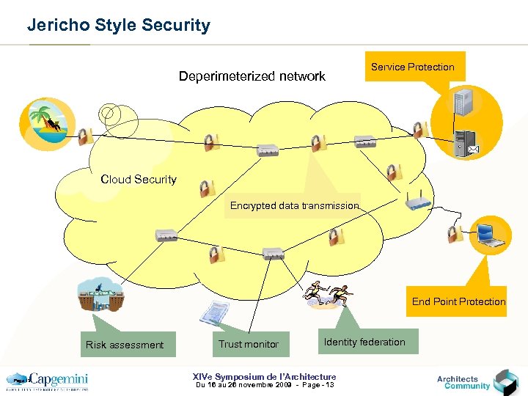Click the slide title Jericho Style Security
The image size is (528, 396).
118,25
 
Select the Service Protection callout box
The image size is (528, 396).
412,67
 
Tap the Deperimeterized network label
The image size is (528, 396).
252,76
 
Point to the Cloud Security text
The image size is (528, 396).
139,179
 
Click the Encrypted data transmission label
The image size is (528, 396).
294,205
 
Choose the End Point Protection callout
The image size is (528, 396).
458,301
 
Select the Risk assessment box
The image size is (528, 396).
125,345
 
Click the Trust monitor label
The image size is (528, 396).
248,344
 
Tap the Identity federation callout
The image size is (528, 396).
364,342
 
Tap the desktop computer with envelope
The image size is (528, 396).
466,142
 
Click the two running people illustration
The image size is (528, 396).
327,295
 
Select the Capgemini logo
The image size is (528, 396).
47,381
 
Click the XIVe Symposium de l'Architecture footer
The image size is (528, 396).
264,377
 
